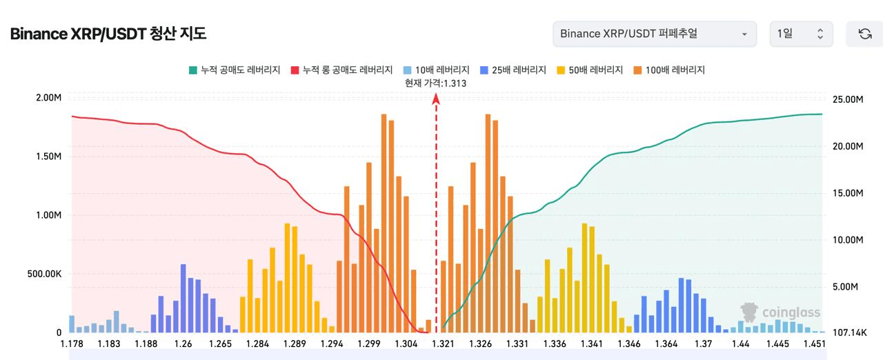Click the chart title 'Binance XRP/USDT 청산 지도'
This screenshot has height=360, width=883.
pyautogui.click(x=108, y=34)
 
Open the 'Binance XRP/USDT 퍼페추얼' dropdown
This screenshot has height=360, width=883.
pyautogui.click(x=654, y=34)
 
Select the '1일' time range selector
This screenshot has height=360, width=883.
pyautogui.click(x=801, y=34)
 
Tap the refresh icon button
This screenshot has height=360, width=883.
pyautogui.click(x=864, y=34)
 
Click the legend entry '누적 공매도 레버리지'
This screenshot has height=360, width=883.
pyautogui.click(x=235, y=70)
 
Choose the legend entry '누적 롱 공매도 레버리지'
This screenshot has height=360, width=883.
pyautogui.click(x=342, y=70)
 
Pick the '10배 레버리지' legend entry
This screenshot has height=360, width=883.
pyautogui.click(x=436, y=70)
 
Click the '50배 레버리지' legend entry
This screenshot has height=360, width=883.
pyautogui.click(x=590, y=70)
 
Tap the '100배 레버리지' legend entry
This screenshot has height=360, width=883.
pyautogui.click(x=668, y=70)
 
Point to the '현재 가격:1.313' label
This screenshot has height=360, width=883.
pyautogui.click(x=436, y=83)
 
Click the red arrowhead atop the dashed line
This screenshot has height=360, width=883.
pyautogui.click(x=436, y=99)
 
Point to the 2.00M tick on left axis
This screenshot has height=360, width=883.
pyautogui.click(x=48, y=98)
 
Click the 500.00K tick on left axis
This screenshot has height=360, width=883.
pyautogui.click(x=44, y=274)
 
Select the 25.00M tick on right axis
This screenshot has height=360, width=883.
pyautogui.click(x=849, y=99)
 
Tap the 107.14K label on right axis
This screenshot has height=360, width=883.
pyautogui.click(x=849, y=332)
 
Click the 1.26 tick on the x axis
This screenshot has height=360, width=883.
pyautogui.click(x=183, y=343)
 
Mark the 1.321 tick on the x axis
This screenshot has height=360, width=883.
pyautogui.click(x=442, y=343)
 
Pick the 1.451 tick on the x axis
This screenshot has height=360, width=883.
pyautogui.click(x=815, y=343)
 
